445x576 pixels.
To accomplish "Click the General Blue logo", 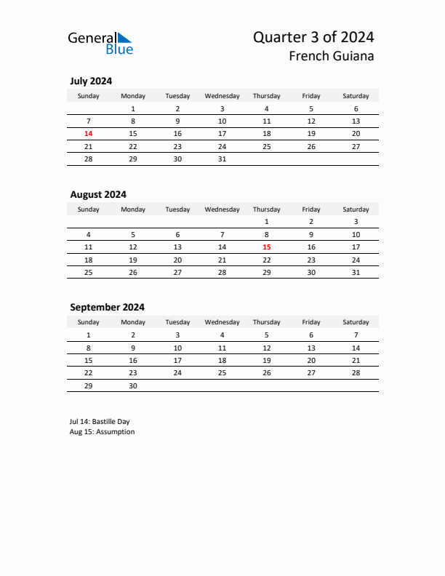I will click(x=100, y=43).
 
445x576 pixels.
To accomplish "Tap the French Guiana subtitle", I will click(x=331, y=56).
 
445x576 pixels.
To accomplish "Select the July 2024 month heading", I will click(x=91, y=81).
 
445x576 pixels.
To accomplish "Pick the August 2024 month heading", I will click(x=98, y=194).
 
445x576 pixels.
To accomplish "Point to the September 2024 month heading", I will click(x=107, y=307).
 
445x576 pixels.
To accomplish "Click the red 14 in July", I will click(x=89, y=134).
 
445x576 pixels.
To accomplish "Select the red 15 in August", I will click(x=266, y=247).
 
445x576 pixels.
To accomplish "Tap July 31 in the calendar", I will click(x=222, y=159).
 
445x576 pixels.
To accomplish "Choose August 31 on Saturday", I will click(x=356, y=272).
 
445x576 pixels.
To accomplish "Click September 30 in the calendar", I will click(x=133, y=386).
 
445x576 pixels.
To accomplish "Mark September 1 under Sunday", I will click(x=89, y=335).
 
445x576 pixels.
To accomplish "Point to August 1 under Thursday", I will click(x=266, y=222).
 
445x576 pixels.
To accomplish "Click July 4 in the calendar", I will click(x=266, y=109).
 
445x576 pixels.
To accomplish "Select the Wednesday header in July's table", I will click(x=222, y=96).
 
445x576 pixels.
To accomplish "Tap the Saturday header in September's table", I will click(x=356, y=322).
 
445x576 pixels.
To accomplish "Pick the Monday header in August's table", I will click(x=133, y=209).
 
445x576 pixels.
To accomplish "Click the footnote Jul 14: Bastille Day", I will click(x=100, y=421).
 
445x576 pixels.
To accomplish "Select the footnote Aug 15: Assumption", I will click(x=102, y=431).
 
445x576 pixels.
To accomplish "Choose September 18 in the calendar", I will click(x=222, y=361).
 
